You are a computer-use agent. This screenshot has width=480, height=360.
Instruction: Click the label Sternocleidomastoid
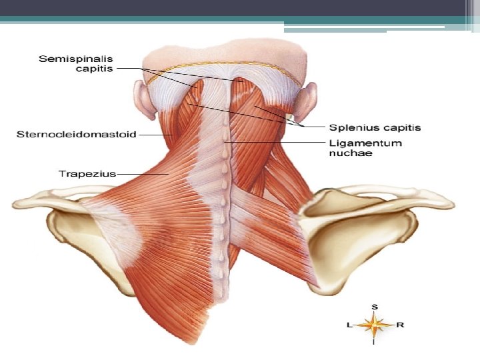(76, 135)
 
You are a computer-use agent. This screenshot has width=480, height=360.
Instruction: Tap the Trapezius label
(87, 174)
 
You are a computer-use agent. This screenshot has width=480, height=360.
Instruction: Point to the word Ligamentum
(365, 143)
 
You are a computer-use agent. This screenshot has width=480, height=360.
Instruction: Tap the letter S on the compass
(375, 307)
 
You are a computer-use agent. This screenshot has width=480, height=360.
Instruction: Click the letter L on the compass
(350, 325)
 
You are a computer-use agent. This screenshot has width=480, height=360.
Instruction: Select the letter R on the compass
(399, 325)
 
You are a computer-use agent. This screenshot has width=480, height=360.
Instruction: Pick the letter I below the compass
(375, 343)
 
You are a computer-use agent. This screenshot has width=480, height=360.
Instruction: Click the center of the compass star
(375, 325)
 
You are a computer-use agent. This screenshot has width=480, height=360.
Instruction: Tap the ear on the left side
(143, 99)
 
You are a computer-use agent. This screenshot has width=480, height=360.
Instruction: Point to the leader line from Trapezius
(143, 174)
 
